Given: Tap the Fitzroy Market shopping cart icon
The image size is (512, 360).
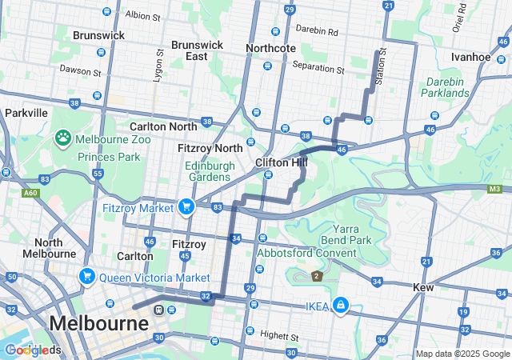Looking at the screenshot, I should (x=186, y=207).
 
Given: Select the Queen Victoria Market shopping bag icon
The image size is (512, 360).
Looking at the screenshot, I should (x=87, y=277).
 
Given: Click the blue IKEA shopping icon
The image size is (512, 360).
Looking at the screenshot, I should (x=341, y=306).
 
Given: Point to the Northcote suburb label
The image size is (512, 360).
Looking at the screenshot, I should (x=271, y=48).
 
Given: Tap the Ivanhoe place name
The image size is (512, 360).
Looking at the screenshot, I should (x=470, y=58).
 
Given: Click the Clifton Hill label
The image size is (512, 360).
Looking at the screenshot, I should (x=282, y=162).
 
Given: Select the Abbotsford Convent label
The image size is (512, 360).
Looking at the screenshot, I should (x=306, y=254).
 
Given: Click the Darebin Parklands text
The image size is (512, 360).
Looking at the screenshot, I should (x=446, y=87).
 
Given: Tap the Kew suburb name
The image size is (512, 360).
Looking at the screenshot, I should (x=423, y=286).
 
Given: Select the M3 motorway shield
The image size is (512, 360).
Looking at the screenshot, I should (x=495, y=190).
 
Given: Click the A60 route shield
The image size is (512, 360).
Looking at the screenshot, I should (x=31, y=193).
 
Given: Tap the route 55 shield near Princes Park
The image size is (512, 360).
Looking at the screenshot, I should (x=98, y=173).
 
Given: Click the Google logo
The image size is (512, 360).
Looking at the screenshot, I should (x=32, y=350).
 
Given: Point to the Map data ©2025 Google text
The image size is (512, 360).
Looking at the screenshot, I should (x=462, y=354).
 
